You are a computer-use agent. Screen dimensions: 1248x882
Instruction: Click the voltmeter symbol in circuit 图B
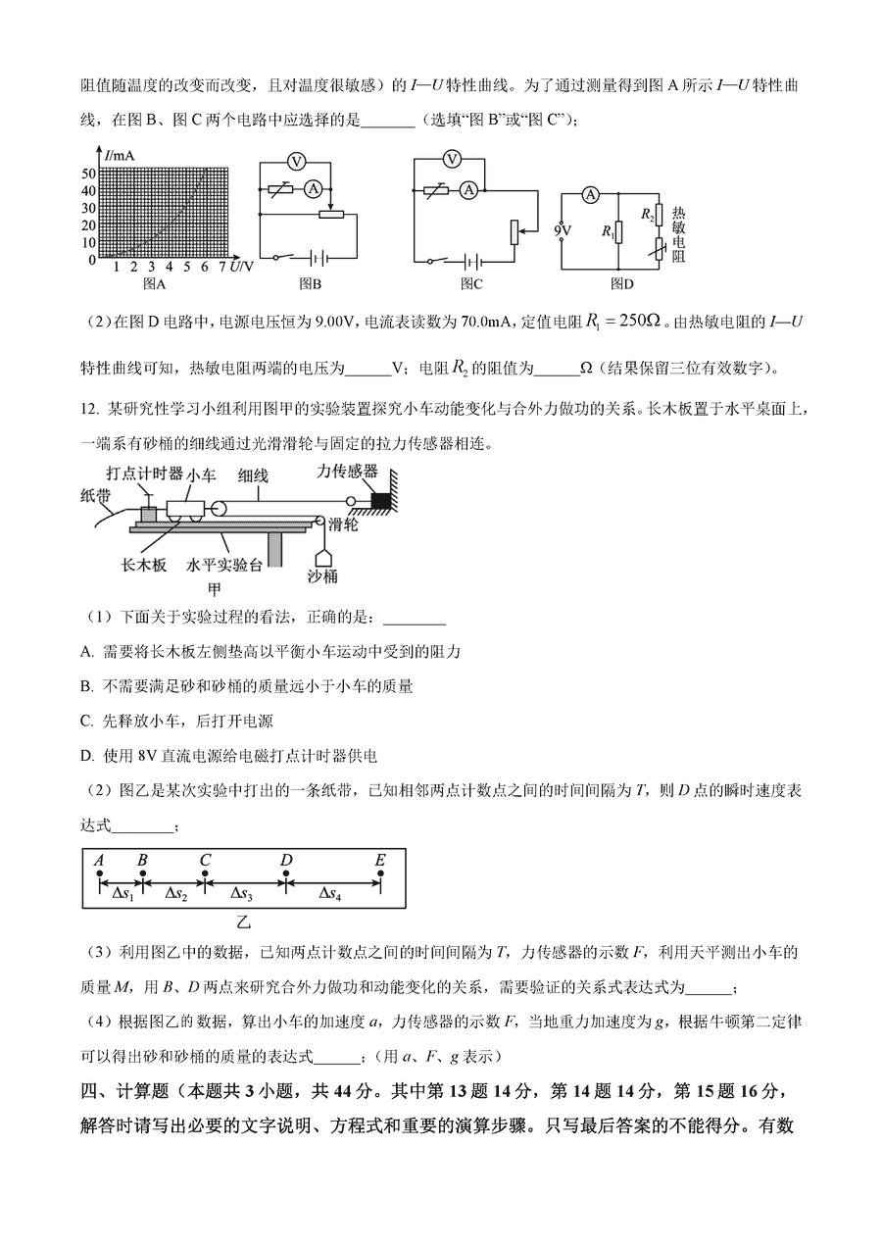click(x=303, y=160)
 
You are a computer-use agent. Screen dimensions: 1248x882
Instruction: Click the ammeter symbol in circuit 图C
click(x=469, y=190)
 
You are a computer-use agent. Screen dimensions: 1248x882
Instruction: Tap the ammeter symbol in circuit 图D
click(x=590, y=195)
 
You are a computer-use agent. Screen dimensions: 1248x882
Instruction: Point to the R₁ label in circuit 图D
click(x=608, y=232)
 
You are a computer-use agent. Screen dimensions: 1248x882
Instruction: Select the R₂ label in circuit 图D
click(x=647, y=213)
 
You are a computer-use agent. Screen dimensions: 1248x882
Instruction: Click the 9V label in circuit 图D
click(x=563, y=231)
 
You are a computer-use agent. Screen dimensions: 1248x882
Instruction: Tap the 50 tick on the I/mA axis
click(x=89, y=173)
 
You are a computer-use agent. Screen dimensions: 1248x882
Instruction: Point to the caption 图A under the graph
click(x=154, y=283)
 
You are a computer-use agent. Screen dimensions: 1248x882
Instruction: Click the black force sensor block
click(x=379, y=501)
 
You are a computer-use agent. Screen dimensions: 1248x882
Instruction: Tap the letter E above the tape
click(x=380, y=860)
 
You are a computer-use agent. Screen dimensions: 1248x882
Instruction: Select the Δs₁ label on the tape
click(x=122, y=894)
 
